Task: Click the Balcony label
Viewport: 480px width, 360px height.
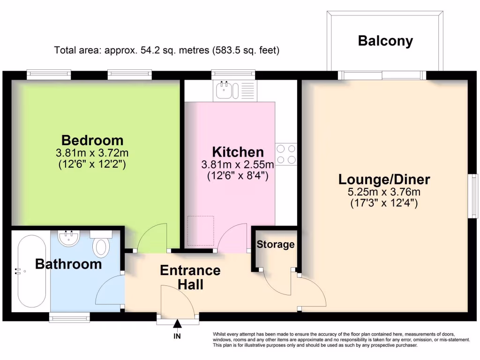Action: [385, 41]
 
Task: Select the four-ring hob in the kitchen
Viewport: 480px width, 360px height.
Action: [286, 154]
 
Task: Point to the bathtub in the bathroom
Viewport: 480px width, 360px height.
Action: [31, 270]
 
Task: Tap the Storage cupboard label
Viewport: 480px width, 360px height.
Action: [276, 244]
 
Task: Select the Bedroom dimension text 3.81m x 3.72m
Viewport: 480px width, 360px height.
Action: [92, 153]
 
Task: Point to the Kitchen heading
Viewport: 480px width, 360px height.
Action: [238, 152]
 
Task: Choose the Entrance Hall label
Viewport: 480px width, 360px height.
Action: [190, 277]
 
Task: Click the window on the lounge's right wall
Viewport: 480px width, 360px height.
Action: [474, 195]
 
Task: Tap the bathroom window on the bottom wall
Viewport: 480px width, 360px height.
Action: [70, 318]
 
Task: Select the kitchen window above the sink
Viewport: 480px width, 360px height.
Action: [233, 74]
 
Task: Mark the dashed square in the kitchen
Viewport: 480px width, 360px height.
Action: [201, 231]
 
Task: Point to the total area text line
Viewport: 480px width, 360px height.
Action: [167, 50]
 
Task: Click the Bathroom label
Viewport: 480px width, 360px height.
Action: [68, 264]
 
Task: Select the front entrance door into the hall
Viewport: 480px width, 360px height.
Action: [177, 302]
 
